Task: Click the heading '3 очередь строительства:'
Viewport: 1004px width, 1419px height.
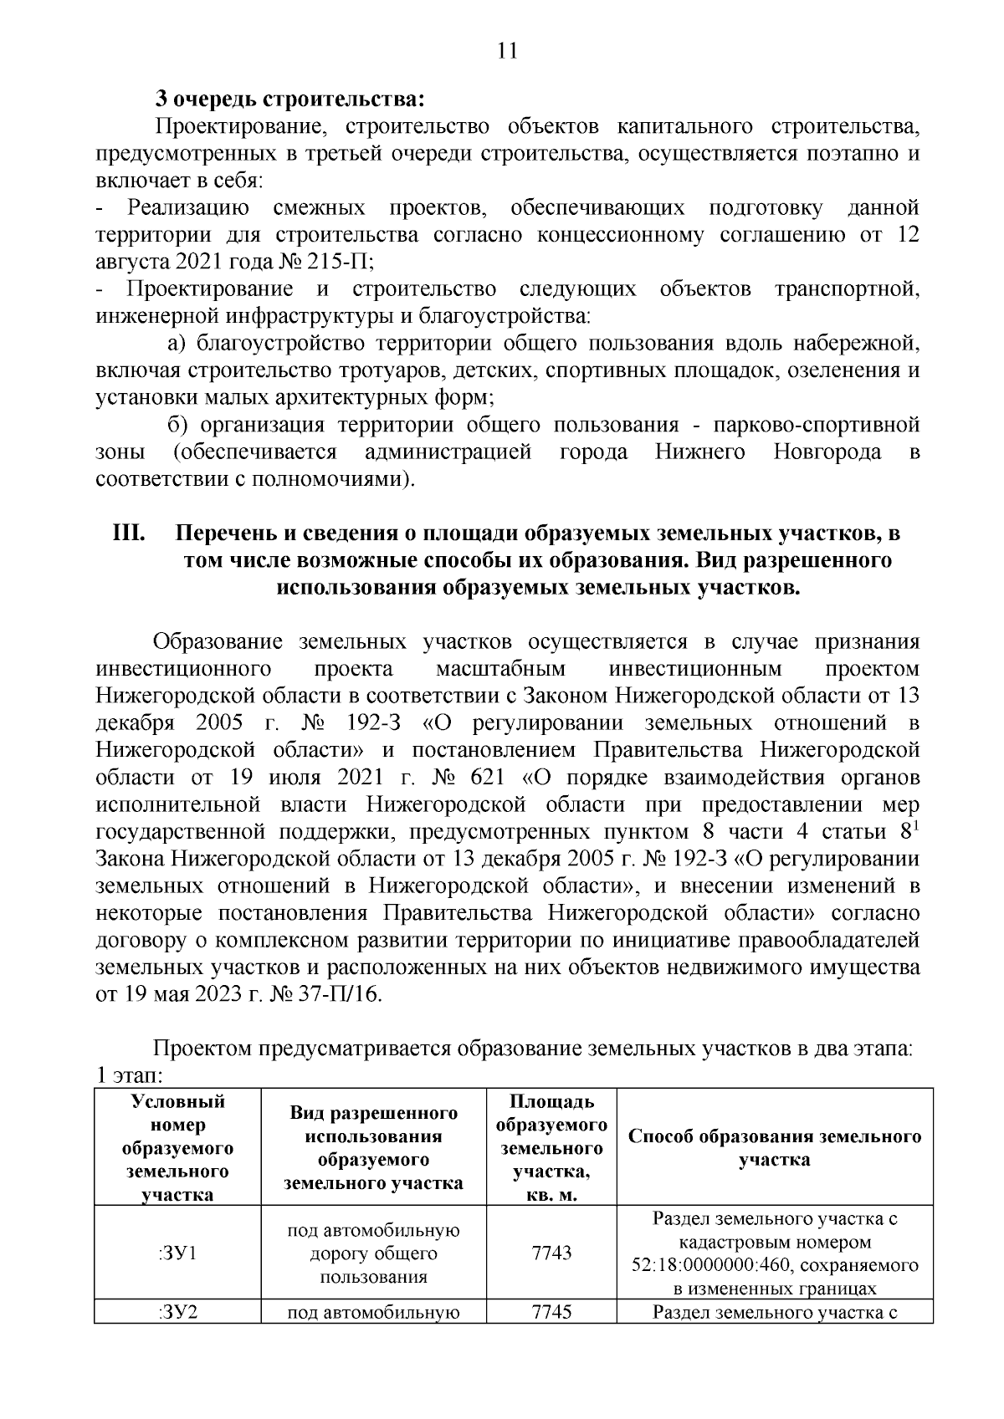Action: point(289,100)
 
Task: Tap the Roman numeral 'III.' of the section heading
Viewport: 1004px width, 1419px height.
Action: point(130,533)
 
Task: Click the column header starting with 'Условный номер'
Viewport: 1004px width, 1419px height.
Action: point(177,1147)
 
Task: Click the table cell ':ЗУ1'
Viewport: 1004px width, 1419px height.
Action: point(177,1252)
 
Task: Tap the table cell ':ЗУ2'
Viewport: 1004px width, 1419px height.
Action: point(177,1311)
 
